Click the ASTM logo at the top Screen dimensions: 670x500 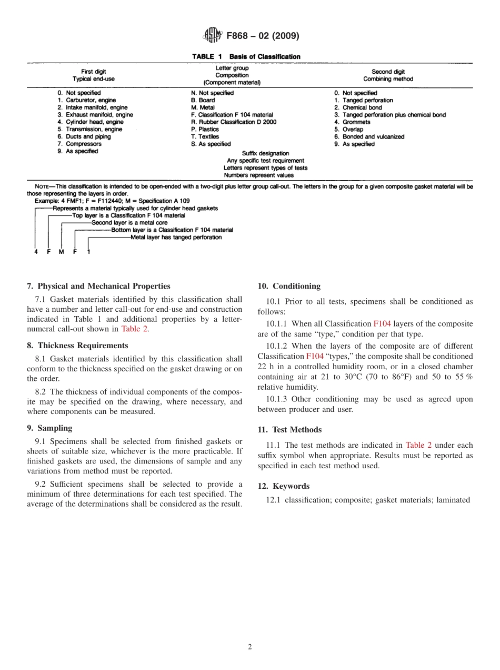213,36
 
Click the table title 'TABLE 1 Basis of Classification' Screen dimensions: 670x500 246,56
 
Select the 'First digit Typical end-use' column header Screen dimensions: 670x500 93,75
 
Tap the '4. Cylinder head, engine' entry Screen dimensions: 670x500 91,122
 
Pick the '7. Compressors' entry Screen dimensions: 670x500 79,144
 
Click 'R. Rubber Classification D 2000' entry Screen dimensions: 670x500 233,122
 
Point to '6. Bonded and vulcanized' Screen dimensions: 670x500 369,137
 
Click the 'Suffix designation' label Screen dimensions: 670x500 265,153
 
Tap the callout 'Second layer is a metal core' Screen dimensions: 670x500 129,223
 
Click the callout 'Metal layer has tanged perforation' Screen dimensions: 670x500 176,238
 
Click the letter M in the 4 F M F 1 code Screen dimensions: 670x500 61,252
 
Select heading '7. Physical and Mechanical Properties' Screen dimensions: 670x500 98,286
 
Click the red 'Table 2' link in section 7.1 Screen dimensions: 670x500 135,329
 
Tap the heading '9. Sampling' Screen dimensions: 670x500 49,428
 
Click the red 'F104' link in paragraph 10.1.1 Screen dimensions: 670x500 382,323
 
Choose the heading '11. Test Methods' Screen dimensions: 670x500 289,430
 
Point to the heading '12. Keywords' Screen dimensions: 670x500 283,486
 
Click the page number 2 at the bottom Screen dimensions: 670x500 250,647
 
